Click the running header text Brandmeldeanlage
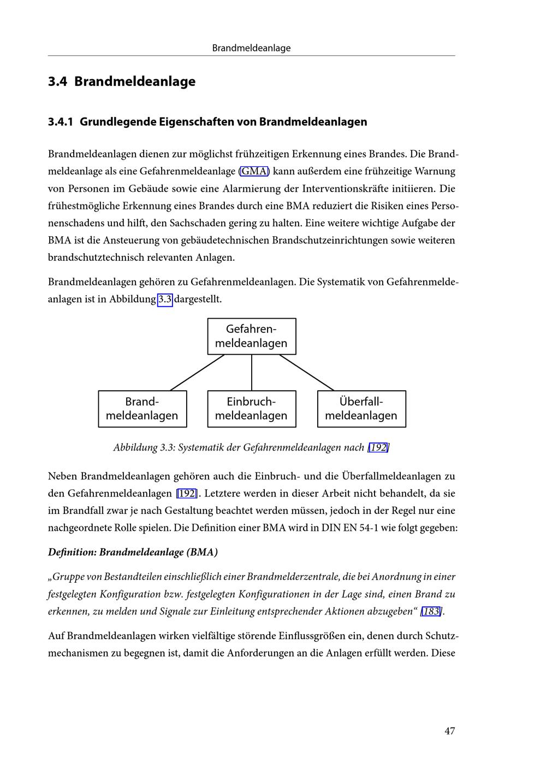click(251, 48)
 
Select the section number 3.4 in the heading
click(57, 81)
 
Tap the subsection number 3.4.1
click(60, 121)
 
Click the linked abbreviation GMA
click(254, 171)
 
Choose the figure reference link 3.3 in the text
click(165, 300)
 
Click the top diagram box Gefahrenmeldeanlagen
click(252, 336)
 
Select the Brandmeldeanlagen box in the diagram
click(142, 409)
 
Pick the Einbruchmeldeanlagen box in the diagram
click(252, 409)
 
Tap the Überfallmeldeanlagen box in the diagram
click(361, 409)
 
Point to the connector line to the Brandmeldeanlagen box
click(197, 373)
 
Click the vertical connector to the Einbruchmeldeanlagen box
click(252, 373)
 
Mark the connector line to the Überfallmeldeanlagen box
click(306, 373)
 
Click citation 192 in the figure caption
click(378, 448)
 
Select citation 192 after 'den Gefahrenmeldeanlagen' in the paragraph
click(187, 494)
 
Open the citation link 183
click(431, 612)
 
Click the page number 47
click(449, 731)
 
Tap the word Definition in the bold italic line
click(72, 552)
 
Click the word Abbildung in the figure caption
click(135, 448)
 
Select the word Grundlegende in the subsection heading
click(117, 121)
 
